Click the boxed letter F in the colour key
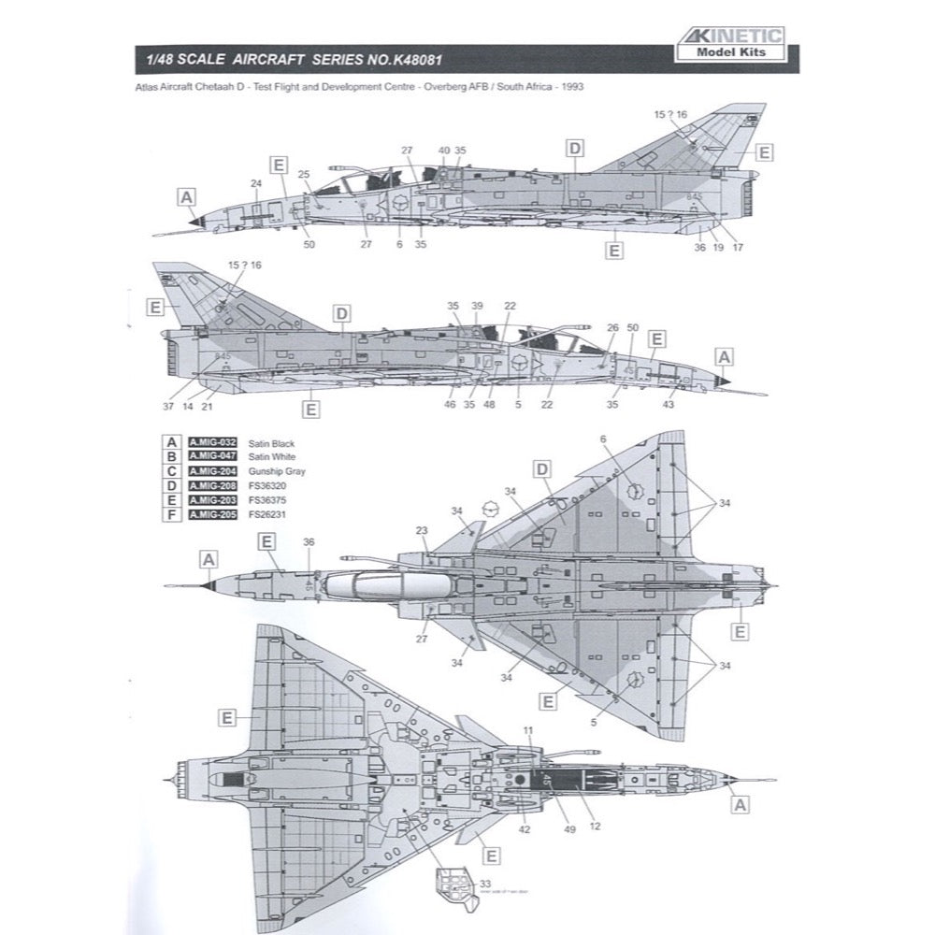click(x=171, y=515)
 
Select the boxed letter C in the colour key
click(x=171, y=471)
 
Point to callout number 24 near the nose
click(x=256, y=183)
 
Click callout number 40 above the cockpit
click(x=444, y=150)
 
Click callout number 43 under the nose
click(x=669, y=405)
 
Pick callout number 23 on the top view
click(x=422, y=531)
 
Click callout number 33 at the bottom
click(x=483, y=885)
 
